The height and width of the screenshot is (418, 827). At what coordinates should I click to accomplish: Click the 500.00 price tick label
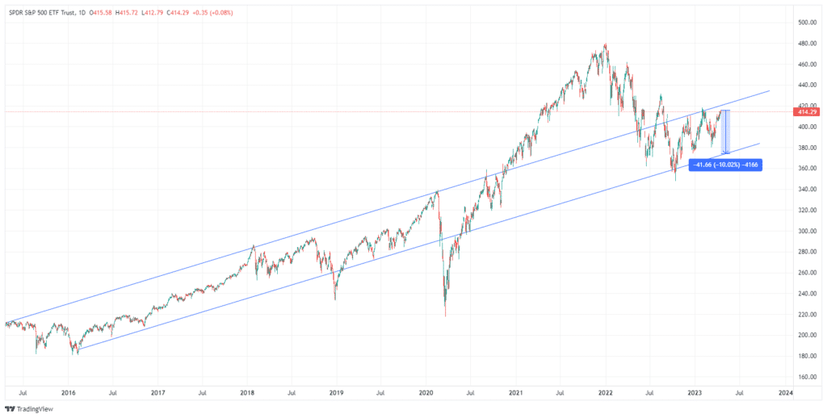[x=804, y=22]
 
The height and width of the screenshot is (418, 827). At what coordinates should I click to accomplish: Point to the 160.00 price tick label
[x=804, y=377]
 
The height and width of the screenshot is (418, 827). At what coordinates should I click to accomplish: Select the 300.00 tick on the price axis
[x=804, y=231]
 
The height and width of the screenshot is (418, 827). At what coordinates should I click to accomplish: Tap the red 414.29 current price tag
[x=804, y=112]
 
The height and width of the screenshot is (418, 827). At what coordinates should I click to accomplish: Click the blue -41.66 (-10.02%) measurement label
[x=724, y=164]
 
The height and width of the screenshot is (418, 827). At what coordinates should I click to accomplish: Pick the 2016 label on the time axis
[x=69, y=393]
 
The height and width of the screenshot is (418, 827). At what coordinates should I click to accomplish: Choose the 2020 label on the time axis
[x=427, y=393]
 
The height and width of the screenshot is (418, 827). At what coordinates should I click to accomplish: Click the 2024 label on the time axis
[x=786, y=393]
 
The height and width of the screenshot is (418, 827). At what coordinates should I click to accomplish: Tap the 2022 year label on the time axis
[x=607, y=393]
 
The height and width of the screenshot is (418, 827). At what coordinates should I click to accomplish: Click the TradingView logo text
[x=34, y=408]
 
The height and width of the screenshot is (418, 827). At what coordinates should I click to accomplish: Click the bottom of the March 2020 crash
[x=446, y=316]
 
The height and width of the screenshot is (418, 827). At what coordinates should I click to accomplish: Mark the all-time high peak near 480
[x=606, y=44]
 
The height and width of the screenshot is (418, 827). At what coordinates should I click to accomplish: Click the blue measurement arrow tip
[x=725, y=153]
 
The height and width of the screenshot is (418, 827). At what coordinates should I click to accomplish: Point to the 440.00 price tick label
[x=804, y=85]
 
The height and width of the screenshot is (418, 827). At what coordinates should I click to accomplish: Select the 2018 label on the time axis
[x=248, y=393]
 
